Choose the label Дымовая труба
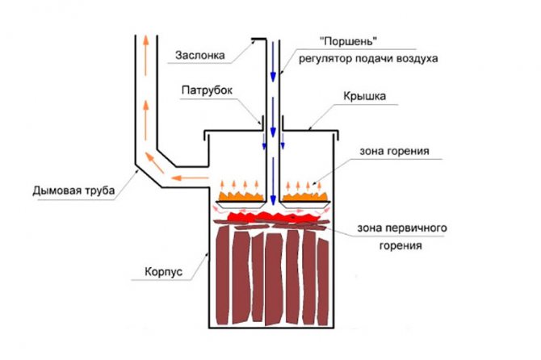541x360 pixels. [74, 190]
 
